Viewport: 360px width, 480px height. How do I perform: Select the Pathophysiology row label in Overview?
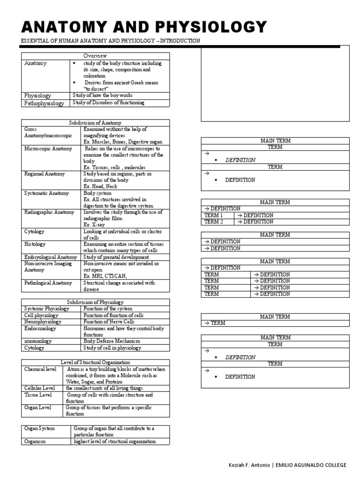tap(44, 103)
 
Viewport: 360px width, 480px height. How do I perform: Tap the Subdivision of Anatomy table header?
tap(95, 122)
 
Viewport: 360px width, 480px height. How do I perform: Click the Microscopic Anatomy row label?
tap(48, 149)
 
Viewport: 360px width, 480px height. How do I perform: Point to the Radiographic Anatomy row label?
tap(49, 212)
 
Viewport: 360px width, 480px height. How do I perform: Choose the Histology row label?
tap(35, 244)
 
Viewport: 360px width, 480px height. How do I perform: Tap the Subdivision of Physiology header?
tap(95, 302)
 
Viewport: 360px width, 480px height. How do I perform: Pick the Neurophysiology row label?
tap(43, 322)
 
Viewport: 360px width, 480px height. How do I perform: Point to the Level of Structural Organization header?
tap(95, 362)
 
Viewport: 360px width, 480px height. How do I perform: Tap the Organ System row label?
tap(40, 428)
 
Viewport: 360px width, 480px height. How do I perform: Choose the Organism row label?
tap(35, 442)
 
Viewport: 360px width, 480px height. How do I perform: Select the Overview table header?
tap(95, 56)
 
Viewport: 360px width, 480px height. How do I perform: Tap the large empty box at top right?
tap(275, 83)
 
